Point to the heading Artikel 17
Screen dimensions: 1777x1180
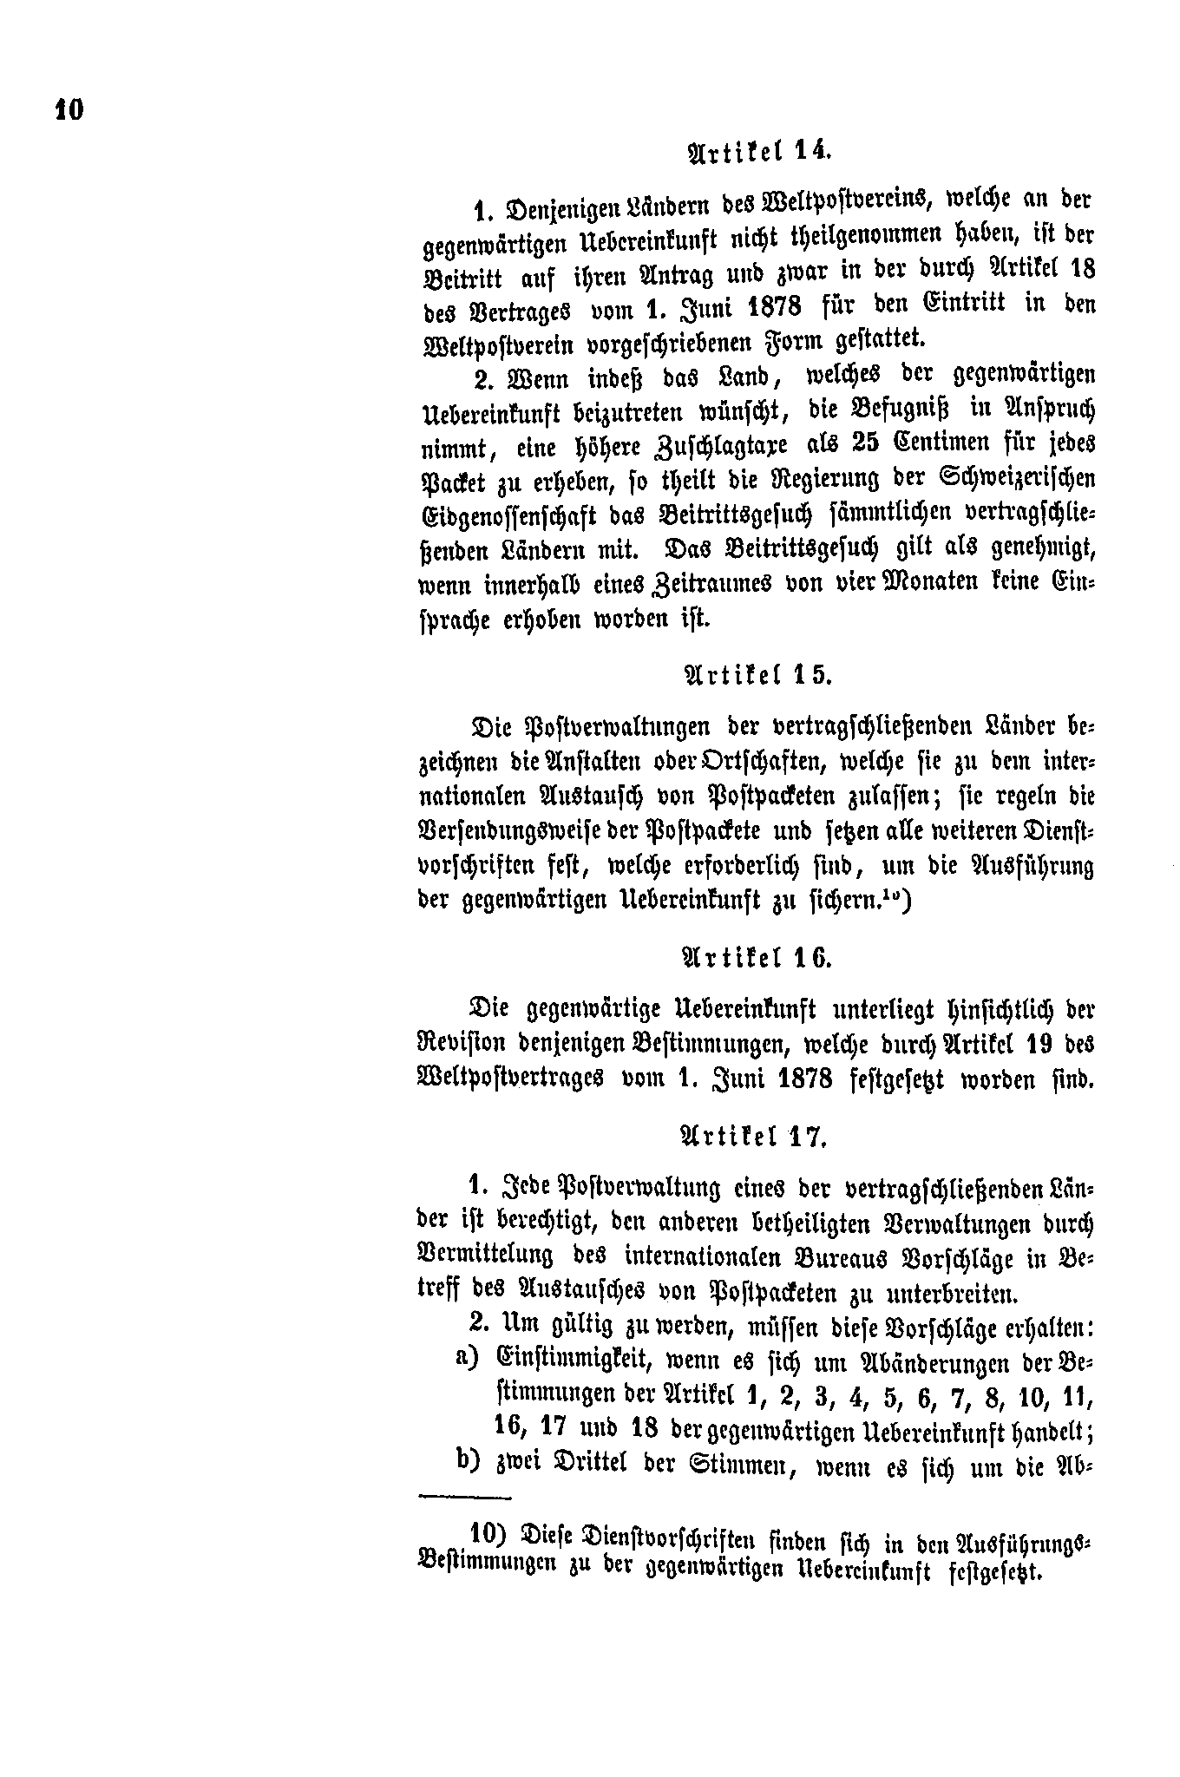coord(752,1138)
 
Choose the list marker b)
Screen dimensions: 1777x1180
coord(467,1459)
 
